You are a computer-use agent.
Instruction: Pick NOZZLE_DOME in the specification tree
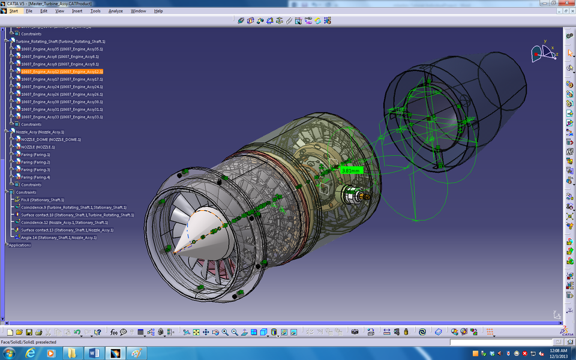pyautogui.click(x=50, y=139)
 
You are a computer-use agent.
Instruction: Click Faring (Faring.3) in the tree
pyautogui.click(x=35, y=170)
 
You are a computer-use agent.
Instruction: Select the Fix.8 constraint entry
pyautogui.click(x=42, y=200)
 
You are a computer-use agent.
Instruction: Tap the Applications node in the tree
pyautogui.click(x=19, y=245)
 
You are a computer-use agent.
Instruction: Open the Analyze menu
pyautogui.click(x=116, y=11)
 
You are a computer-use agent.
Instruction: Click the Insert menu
pyautogui.click(x=77, y=11)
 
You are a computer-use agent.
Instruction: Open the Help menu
pyautogui.click(x=158, y=11)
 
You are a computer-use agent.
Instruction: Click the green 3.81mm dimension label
pyautogui.click(x=350, y=170)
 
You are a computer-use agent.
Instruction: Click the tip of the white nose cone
pyautogui.click(x=175, y=252)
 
